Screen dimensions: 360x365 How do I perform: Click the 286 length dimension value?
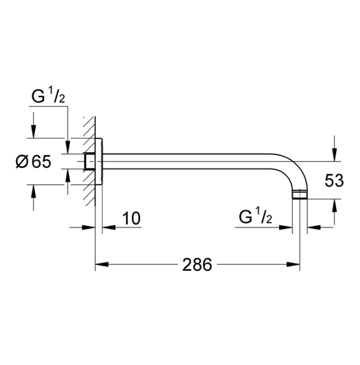coord(197,265)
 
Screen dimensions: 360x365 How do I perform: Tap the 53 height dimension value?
coord(334,181)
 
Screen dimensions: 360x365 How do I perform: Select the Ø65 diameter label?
coord(33,162)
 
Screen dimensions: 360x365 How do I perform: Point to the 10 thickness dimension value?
coord(131,218)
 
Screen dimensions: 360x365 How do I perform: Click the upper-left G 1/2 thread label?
coord(48,96)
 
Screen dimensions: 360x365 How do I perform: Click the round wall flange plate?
coord(99,162)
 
